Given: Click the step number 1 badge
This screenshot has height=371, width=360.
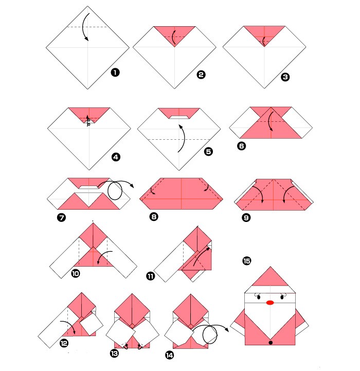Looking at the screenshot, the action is (x=115, y=72).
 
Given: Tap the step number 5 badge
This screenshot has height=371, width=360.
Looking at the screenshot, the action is (x=208, y=152).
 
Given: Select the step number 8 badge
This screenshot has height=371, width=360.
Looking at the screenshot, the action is (x=154, y=217).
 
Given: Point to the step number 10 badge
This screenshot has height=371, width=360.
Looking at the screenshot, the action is (x=76, y=273).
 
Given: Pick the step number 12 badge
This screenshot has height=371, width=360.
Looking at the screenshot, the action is (x=64, y=343).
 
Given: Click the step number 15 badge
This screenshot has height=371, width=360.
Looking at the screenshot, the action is (x=246, y=261).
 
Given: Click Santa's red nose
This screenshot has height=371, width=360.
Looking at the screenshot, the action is (x=270, y=303).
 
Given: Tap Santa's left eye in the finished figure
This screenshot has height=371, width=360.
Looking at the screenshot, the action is (x=259, y=297).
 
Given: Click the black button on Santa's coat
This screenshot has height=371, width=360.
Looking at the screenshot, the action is (x=271, y=342).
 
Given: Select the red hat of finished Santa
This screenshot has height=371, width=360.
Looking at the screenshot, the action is (x=270, y=278).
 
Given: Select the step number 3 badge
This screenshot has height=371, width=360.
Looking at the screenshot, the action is (x=285, y=77).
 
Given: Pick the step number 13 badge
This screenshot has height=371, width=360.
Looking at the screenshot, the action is (x=114, y=354).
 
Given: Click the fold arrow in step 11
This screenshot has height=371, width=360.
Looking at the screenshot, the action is (x=200, y=257).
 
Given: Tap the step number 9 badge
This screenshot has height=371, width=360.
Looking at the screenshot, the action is (x=246, y=218).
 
